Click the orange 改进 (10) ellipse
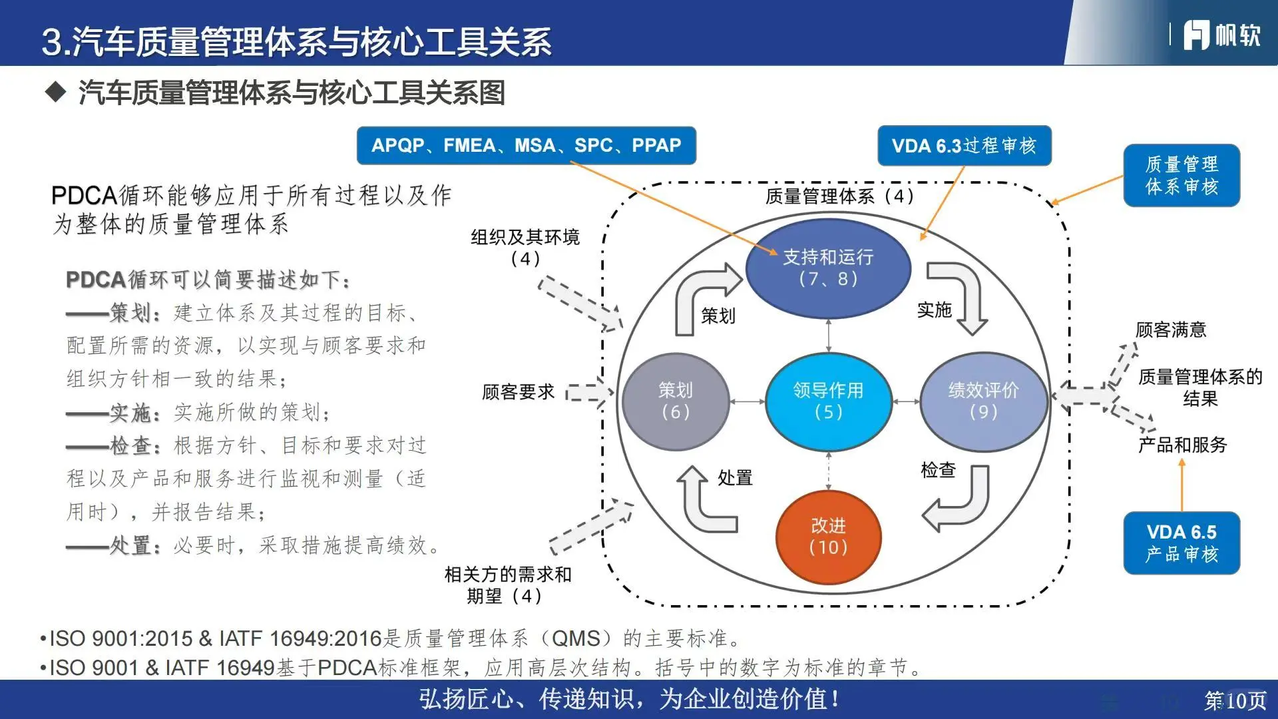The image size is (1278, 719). point(828,537)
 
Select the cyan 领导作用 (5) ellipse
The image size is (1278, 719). point(828,401)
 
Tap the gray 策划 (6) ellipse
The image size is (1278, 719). point(675,401)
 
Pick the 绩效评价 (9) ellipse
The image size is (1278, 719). point(983,401)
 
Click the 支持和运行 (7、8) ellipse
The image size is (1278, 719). point(828,268)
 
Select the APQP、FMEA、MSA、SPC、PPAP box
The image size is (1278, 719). point(526,145)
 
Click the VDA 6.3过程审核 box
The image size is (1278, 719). point(964,145)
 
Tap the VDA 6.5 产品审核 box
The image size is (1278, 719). point(1181,543)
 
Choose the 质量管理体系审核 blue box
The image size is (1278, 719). point(1181,175)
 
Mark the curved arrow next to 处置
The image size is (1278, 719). point(702,503)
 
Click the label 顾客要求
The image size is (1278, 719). point(518,392)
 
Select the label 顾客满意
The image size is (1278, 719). point(1170,330)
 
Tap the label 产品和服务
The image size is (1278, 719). point(1182,445)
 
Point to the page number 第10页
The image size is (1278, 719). point(1235,700)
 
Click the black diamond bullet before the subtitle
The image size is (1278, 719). point(56,92)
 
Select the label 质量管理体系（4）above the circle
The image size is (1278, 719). point(839,196)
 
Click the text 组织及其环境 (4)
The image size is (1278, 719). point(525,247)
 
